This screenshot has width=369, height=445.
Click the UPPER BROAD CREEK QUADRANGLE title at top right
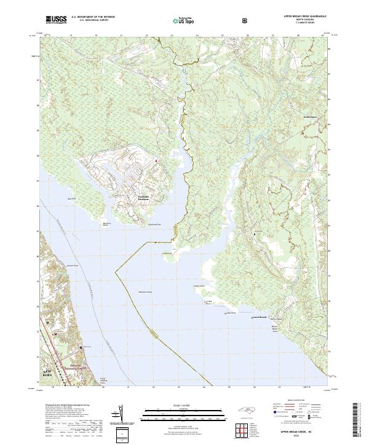[x=305, y=17]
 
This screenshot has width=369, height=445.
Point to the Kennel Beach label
[x=260, y=317]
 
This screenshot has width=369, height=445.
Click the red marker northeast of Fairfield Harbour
[x=156, y=161]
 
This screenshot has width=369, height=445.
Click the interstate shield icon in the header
[x=246, y=21]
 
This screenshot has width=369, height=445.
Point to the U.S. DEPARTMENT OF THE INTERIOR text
[x=93, y=17]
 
